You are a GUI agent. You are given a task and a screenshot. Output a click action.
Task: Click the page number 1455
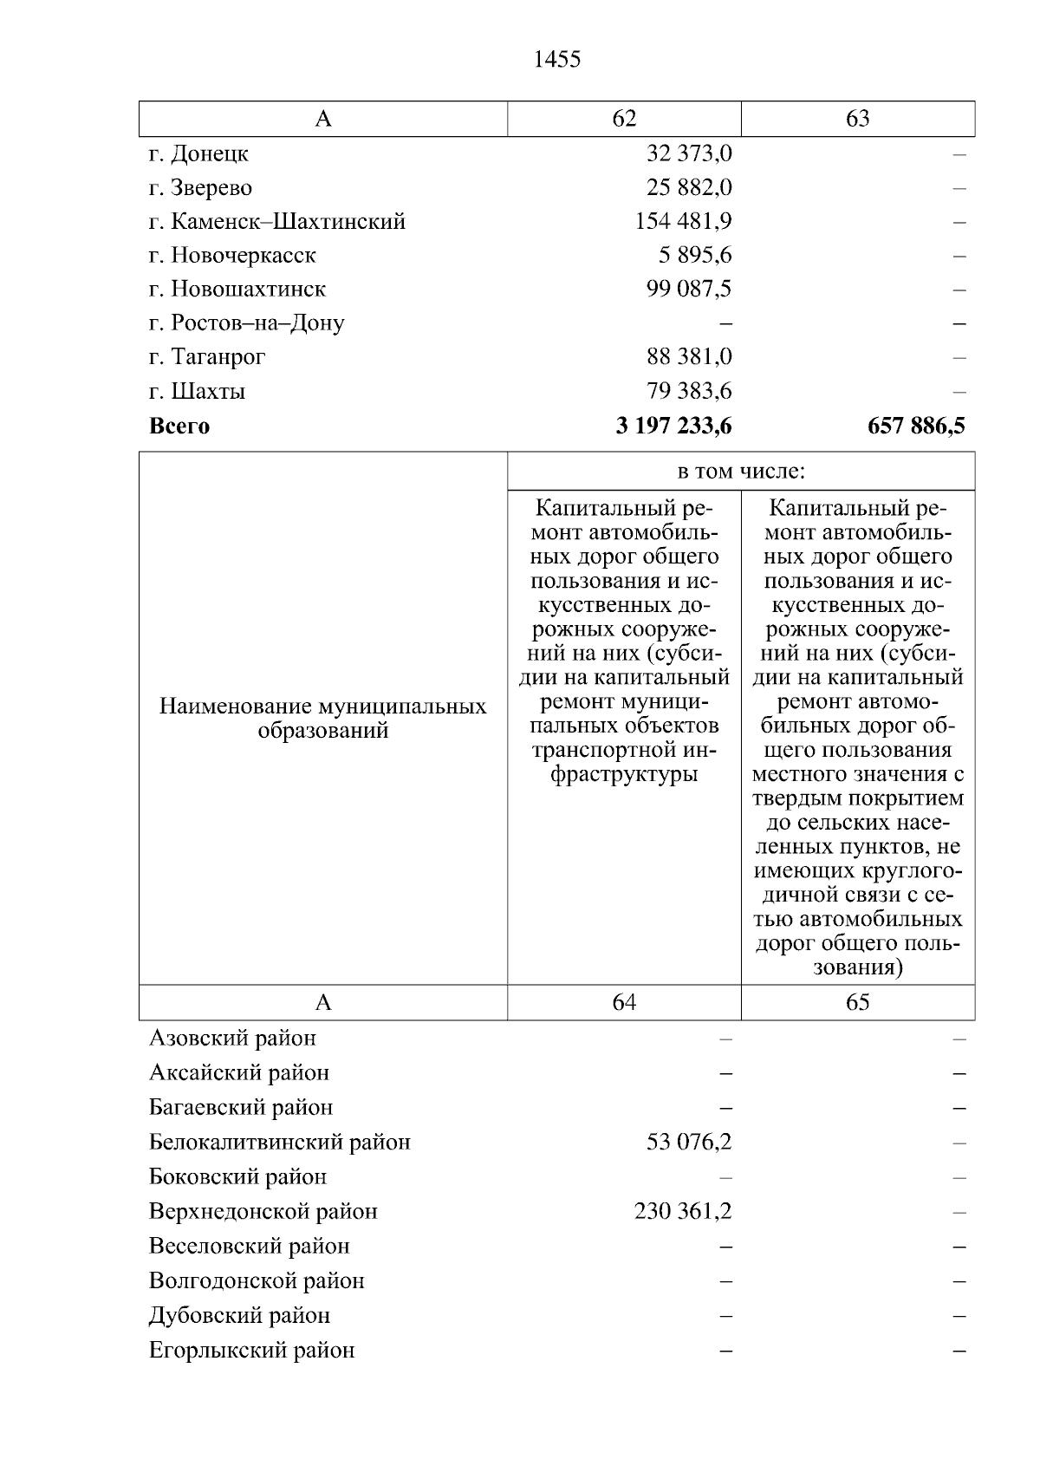pyautogui.click(x=557, y=60)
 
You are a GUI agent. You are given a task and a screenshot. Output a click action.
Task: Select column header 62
pyautogui.click(x=624, y=119)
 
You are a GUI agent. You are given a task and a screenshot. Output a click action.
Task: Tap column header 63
pyautogui.click(x=857, y=119)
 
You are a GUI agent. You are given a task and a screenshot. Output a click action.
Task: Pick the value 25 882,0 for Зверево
pyautogui.click(x=689, y=187)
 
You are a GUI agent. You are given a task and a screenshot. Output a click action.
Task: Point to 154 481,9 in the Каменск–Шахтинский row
pyautogui.click(x=683, y=221)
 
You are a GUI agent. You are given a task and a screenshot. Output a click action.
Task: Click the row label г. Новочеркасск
pyautogui.click(x=232, y=255)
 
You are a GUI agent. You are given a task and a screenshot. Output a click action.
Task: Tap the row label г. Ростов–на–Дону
pyautogui.click(x=246, y=323)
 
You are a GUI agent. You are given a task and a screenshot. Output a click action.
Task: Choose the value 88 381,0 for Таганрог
pyautogui.click(x=689, y=356)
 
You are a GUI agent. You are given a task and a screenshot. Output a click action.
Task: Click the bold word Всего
pyautogui.click(x=179, y=426)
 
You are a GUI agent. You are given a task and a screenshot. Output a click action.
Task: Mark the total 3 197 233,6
pyautogui.click(x=673, y=426)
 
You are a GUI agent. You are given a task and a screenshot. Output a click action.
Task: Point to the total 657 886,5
pyautogui.click(x=916, y=426)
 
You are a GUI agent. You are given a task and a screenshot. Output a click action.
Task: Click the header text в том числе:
pyautogui.click(x=741, y=472)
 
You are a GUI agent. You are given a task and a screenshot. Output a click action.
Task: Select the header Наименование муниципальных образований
pyautogui.click(x=322, y=719)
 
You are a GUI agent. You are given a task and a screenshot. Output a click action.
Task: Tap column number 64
pyautogui.click(x=624, y=1002)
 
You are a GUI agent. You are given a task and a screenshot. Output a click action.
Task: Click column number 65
pyautogui.click(x=857, y=1002)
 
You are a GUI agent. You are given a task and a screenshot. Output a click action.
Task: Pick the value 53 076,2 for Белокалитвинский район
pyautogui.click(x=689, y=1142)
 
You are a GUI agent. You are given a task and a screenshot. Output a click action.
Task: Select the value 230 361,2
pyautogui.click(x=683, y=1211)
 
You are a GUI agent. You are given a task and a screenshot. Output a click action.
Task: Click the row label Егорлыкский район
pyautogui.click(x=251, y=1350)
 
